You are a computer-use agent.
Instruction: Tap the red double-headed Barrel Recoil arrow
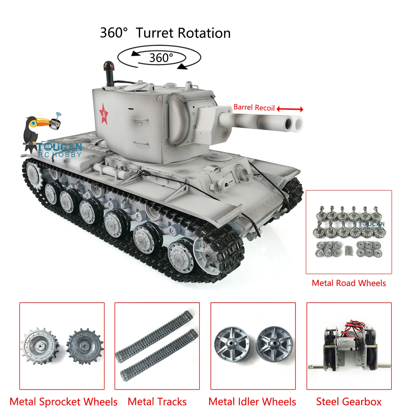pos(290,109)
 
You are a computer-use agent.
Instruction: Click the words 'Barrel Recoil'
pos(254,107)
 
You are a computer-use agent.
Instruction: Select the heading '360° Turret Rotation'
pos(165,33)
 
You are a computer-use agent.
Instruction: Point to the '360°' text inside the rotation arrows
pos(161,58)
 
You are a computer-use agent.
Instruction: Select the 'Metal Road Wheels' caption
pos(349,283)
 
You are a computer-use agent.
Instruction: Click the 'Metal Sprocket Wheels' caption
pos(63,402)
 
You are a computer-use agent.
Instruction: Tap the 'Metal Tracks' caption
pos(157,402)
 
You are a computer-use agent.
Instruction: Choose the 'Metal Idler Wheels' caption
pos(252,402)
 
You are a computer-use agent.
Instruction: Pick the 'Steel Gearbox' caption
pos(349,402)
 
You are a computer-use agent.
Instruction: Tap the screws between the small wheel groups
pos(349,251)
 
